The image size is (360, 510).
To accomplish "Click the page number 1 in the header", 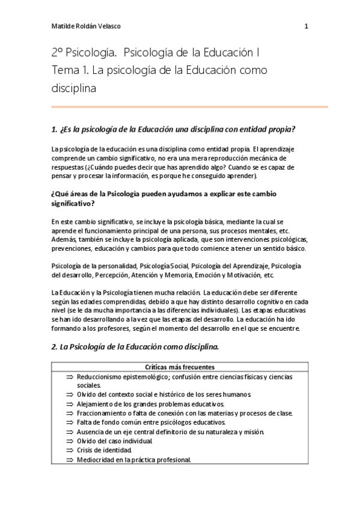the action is pyautogui.click(x=306, y=26).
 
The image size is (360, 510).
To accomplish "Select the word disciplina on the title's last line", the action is pyautogui.click(x=74, y=88).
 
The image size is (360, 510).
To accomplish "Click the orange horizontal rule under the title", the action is pyautogui.click(x=189, y=106).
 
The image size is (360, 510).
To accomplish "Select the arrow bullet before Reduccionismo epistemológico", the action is pyautogui.click(x=69, y=376).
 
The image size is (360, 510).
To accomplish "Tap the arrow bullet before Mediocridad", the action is pyautogui.click(x=69, y=460).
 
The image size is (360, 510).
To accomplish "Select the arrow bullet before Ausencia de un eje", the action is pyautogui.click(x=69, y=432).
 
